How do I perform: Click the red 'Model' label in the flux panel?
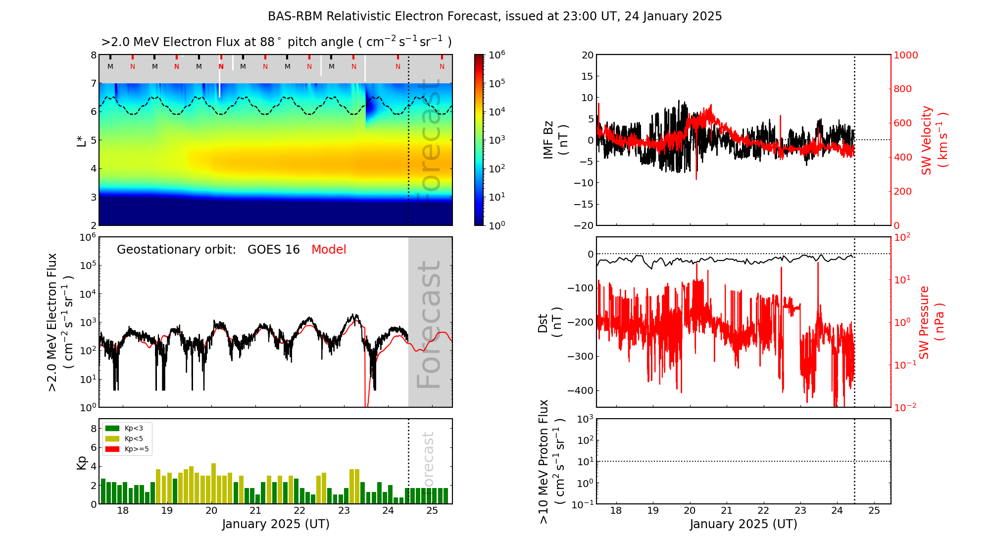point(329,250)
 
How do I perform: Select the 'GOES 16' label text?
point(273,250)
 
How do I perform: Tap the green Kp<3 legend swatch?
point(112,428)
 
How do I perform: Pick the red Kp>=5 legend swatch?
point(112,449)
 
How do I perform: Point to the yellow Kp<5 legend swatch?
point(112,438)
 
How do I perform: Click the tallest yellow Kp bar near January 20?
point(213,483)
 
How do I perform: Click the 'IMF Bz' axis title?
point(548,140)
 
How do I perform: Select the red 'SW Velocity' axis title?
point(926,140)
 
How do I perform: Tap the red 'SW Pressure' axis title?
point(924,322)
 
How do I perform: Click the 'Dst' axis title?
point(543,323)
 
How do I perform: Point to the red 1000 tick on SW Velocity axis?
point(905,55)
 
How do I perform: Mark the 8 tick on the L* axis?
point(93,55)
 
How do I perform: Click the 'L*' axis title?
point(82,140)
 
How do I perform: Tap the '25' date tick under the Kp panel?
point(432,511)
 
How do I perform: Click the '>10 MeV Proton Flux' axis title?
point(544,461)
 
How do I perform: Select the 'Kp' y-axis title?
point(82,462)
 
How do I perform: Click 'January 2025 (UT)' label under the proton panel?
point(743,524)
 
